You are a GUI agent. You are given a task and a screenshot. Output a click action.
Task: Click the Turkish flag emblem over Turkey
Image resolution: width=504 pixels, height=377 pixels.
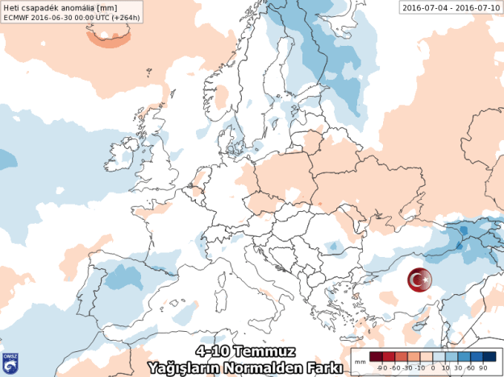pos(419,280)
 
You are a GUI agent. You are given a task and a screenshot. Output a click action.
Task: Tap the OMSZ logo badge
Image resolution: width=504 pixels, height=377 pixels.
pos(10,362)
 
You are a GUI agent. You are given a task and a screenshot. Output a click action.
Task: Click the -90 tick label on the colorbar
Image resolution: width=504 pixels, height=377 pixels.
pos(373,367)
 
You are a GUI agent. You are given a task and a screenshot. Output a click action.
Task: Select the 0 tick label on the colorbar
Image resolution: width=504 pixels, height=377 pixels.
pos(433,367)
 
